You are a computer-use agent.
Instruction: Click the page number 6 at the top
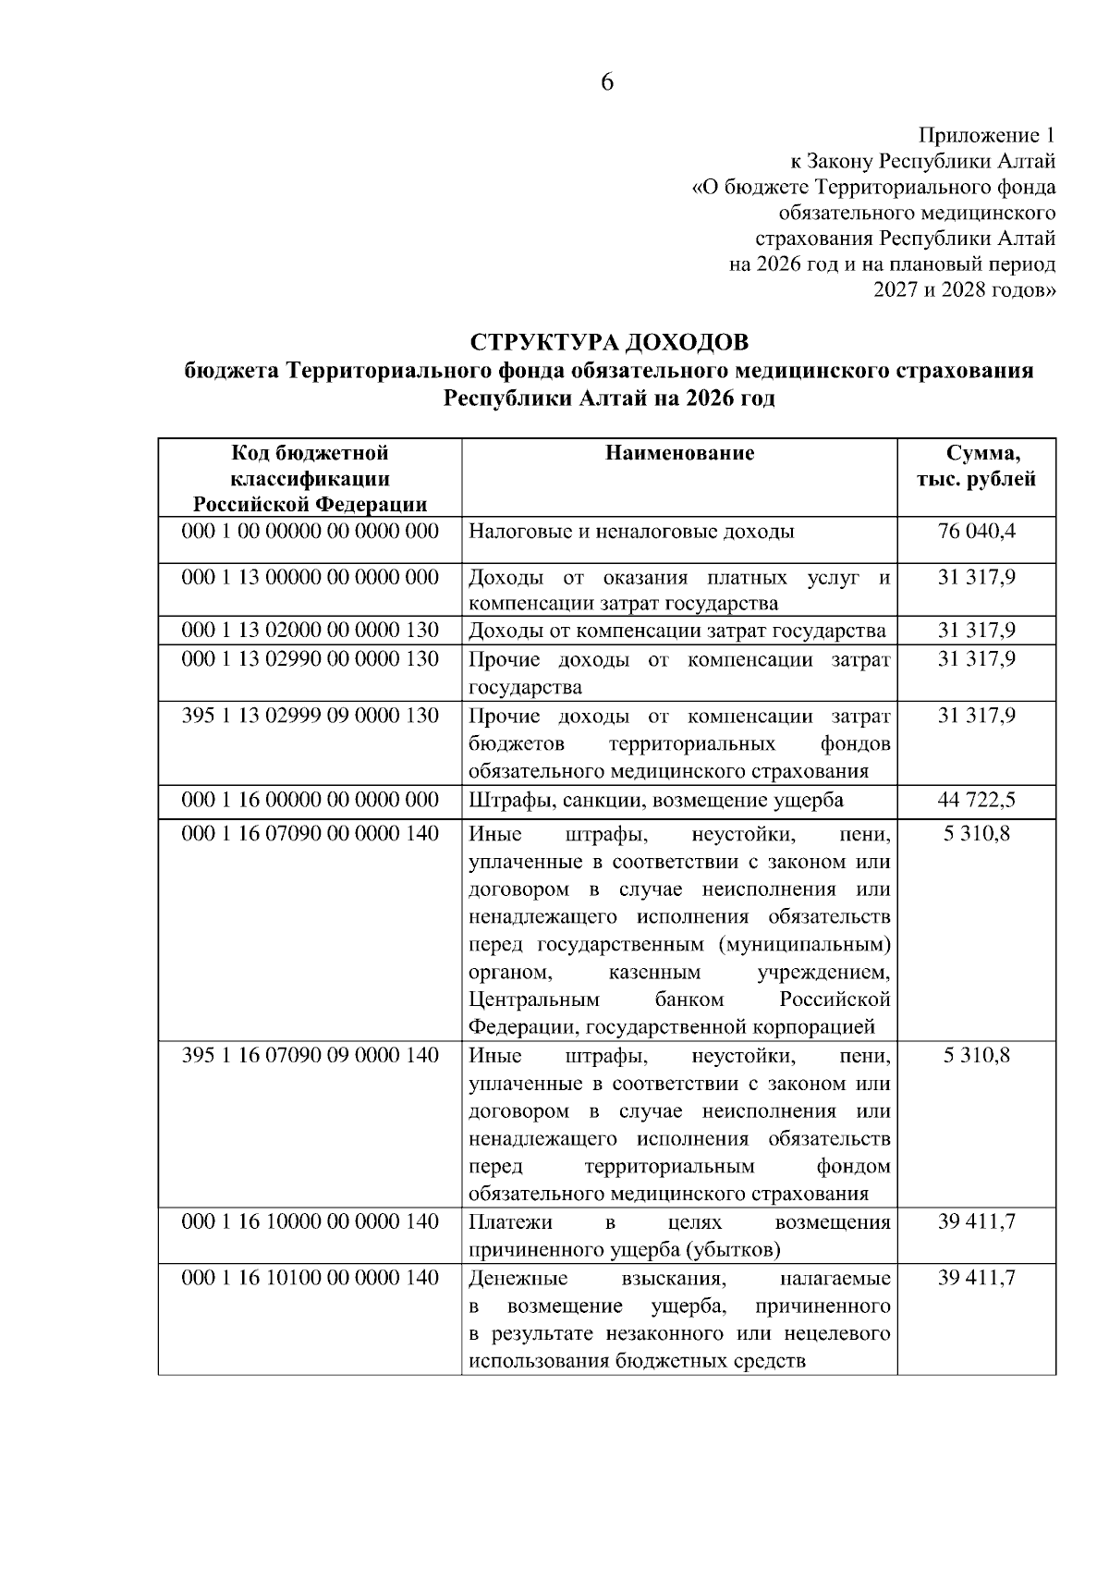coord(607,82)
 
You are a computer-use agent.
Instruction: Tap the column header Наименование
coord(679,452)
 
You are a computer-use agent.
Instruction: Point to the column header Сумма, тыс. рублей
coord(977,466)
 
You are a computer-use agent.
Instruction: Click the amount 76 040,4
coord(977,532)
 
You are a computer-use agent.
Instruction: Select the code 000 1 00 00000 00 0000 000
coord(310,532)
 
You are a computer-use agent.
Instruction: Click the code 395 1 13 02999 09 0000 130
coord(310,716)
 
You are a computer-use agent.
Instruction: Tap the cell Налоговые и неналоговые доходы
coord(632,532)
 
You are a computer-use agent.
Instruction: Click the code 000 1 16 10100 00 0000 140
coord(310,1278)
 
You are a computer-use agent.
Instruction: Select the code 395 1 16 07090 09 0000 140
coord(310,1055)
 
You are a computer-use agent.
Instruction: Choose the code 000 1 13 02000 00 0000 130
coord(310,631)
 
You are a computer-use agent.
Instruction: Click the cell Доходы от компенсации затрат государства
coord(677,631)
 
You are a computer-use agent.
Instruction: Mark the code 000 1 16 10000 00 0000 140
coord(310,1221)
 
